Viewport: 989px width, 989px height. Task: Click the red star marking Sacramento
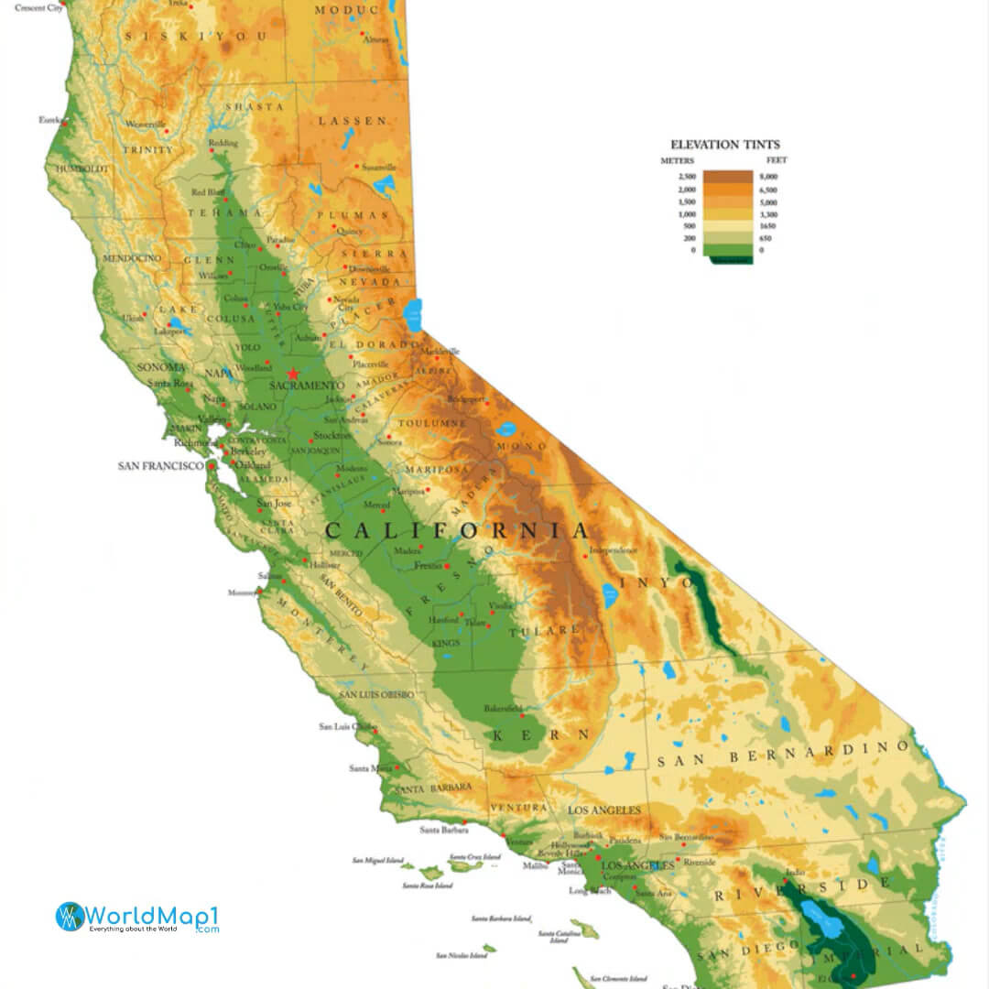click(x=293, y=374)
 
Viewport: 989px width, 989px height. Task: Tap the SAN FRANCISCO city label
click(x=160, y=466)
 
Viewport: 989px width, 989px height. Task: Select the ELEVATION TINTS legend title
click(x=725, y=145)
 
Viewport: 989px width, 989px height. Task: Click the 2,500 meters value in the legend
click(x=687, y=176)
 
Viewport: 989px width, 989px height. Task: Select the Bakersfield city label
click(x=504, y=709)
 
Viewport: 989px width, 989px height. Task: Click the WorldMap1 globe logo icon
click(x=70, y=917)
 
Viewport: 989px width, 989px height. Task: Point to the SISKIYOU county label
click(x=198, y=36)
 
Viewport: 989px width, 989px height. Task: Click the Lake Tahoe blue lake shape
click(x=414, y=314)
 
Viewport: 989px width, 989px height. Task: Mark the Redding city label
click(x=223, y=144)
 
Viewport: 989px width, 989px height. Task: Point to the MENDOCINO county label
click(x=132, y=258)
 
